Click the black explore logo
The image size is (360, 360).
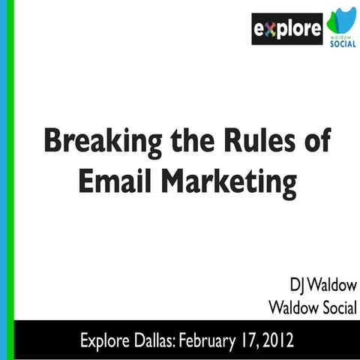point(286,29)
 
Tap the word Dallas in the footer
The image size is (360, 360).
point(156,340)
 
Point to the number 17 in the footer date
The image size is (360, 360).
point(254,340)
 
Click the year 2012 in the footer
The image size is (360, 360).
point(286,340)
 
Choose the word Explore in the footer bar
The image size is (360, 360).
point(105,340)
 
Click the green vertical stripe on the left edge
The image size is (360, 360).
point(3,180)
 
